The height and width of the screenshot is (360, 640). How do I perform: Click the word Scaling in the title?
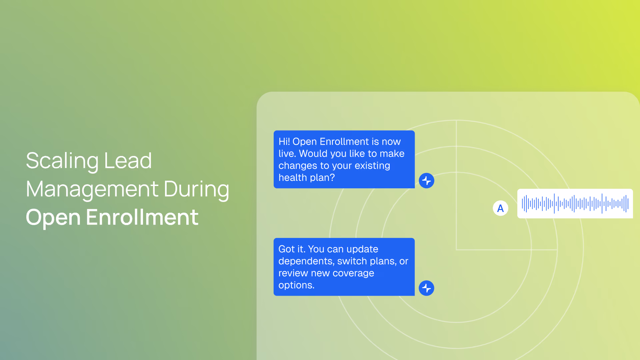[x=62, y=161]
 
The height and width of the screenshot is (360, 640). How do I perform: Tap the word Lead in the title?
[x=128, y=161]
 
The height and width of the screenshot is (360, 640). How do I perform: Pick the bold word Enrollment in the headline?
[x=142, y=217]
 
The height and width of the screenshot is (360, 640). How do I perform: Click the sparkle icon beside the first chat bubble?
[x=427, y=181]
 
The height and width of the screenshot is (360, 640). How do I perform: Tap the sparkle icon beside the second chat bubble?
[x=427, y=288]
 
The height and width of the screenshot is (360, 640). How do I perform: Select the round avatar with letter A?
[x=500, y=208]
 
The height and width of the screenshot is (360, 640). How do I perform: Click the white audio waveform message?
[x=575, y=204]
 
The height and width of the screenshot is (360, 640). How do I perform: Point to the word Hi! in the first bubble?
[x=284, y=142]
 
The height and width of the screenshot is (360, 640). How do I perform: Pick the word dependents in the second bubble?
[x=306, y=261]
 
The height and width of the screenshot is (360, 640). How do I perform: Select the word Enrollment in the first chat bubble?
[x=344, y=142]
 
